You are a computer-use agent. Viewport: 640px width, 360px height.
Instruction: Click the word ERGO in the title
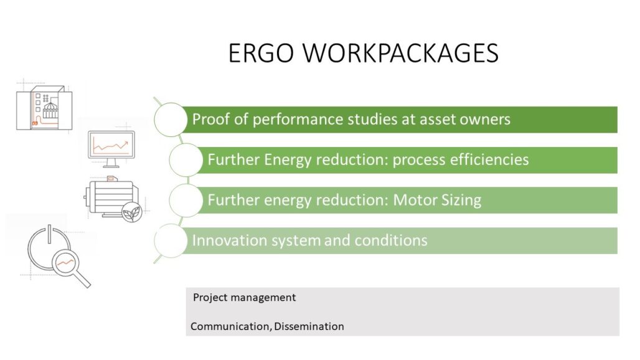click(x=261, y=53)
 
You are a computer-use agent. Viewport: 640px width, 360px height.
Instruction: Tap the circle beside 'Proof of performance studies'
click(x=171, y=119)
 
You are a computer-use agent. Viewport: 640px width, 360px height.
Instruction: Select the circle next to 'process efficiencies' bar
click(x=186, y=159)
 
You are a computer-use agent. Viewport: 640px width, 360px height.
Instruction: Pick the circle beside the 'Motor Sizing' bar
click(x=186, y=200)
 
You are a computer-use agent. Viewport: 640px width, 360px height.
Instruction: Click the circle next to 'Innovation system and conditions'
click(x=171, y=240)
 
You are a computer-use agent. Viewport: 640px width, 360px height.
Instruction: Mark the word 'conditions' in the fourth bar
click(x=390, y=240)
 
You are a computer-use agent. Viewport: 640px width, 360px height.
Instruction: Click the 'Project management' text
click(x=244, y=298)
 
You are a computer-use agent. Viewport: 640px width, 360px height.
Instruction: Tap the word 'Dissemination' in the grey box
click(x=309, y=326)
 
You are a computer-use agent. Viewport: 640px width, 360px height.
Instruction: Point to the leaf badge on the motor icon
click(x=132, y=212)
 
